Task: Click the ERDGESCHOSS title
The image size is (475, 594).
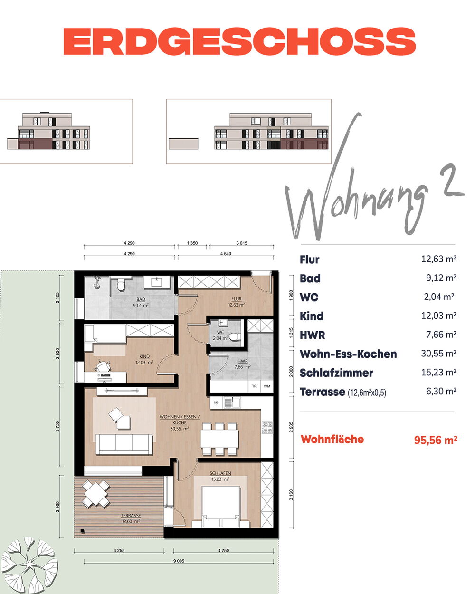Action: pos(239,41)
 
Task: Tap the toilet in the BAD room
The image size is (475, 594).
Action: pos(121,285)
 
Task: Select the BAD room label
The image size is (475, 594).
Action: pos(141,299)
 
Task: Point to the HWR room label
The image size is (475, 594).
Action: pos(242,361)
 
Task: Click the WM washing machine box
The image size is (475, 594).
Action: pos(266,386)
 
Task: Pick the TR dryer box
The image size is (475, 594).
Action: pos(254,386)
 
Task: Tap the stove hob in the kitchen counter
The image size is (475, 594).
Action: pos(266,427)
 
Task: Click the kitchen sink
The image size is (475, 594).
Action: pos(232,402)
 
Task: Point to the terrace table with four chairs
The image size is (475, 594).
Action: pos(95,494)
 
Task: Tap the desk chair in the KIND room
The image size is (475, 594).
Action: pos(103,366)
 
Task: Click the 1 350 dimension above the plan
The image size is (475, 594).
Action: pos(192,243)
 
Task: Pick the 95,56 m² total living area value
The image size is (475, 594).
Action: pos(435,440)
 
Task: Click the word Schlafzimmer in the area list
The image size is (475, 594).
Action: pos(336,373)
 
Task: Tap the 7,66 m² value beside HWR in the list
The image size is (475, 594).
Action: pos(441,335)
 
